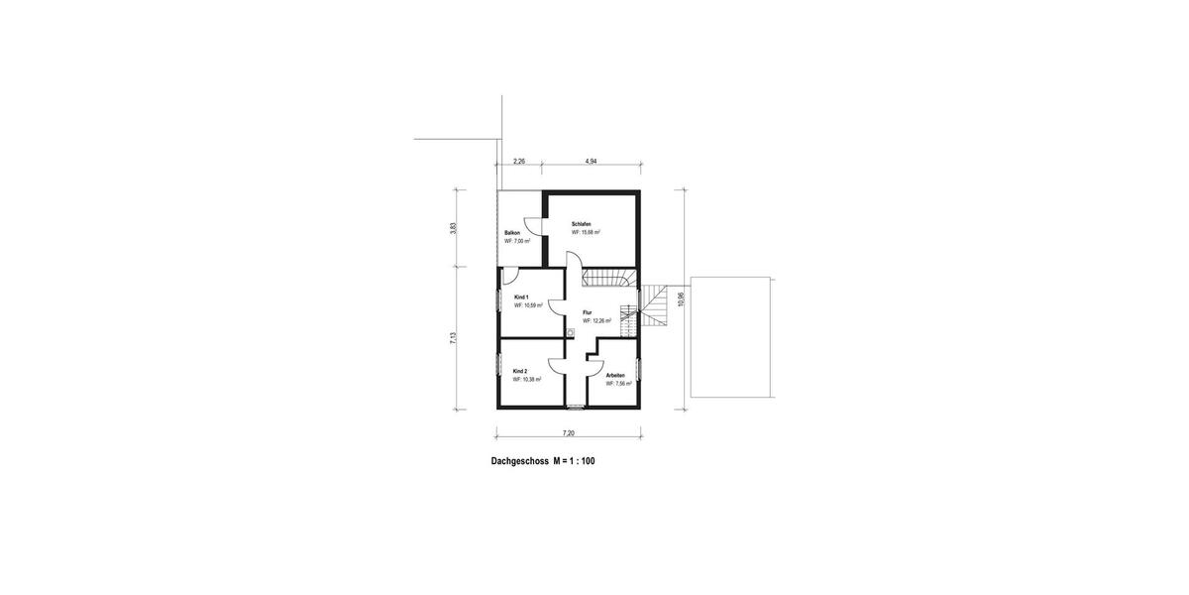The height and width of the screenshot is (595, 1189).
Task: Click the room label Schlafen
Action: [x=582, y=225]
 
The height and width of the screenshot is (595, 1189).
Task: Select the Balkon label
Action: [x=512, y=233]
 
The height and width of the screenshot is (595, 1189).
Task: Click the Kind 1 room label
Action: [x=521, y=297]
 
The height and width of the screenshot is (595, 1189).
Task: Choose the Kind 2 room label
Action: [x=520, y=371]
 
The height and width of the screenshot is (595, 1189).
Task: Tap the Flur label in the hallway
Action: [x=588, y=312]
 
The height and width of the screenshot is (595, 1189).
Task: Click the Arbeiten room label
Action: [x=616, y=375]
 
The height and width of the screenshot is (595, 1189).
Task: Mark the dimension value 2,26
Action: [x=518, y=160]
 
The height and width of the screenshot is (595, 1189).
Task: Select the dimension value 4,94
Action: [x=592, y=160]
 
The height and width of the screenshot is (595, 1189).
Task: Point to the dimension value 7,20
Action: [x=569, y=433]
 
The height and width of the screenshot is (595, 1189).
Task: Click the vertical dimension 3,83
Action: [x=454, y=227]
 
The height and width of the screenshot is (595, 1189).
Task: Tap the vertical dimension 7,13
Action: [x=454, y=337]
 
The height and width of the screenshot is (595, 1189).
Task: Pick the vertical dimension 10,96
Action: [x=681, y=298]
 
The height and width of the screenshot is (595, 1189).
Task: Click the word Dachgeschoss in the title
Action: [x=520, y=461]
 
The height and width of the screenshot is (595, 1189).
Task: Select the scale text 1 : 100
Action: [x=579, y=461]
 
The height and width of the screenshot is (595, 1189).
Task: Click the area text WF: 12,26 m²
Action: [x=596, y=321]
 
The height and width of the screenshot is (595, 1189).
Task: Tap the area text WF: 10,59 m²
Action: [x=528, y=306]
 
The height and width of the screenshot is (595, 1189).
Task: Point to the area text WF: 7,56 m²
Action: [x=619, y=384]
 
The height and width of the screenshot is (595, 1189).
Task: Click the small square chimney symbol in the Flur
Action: [x=572, y=332]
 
